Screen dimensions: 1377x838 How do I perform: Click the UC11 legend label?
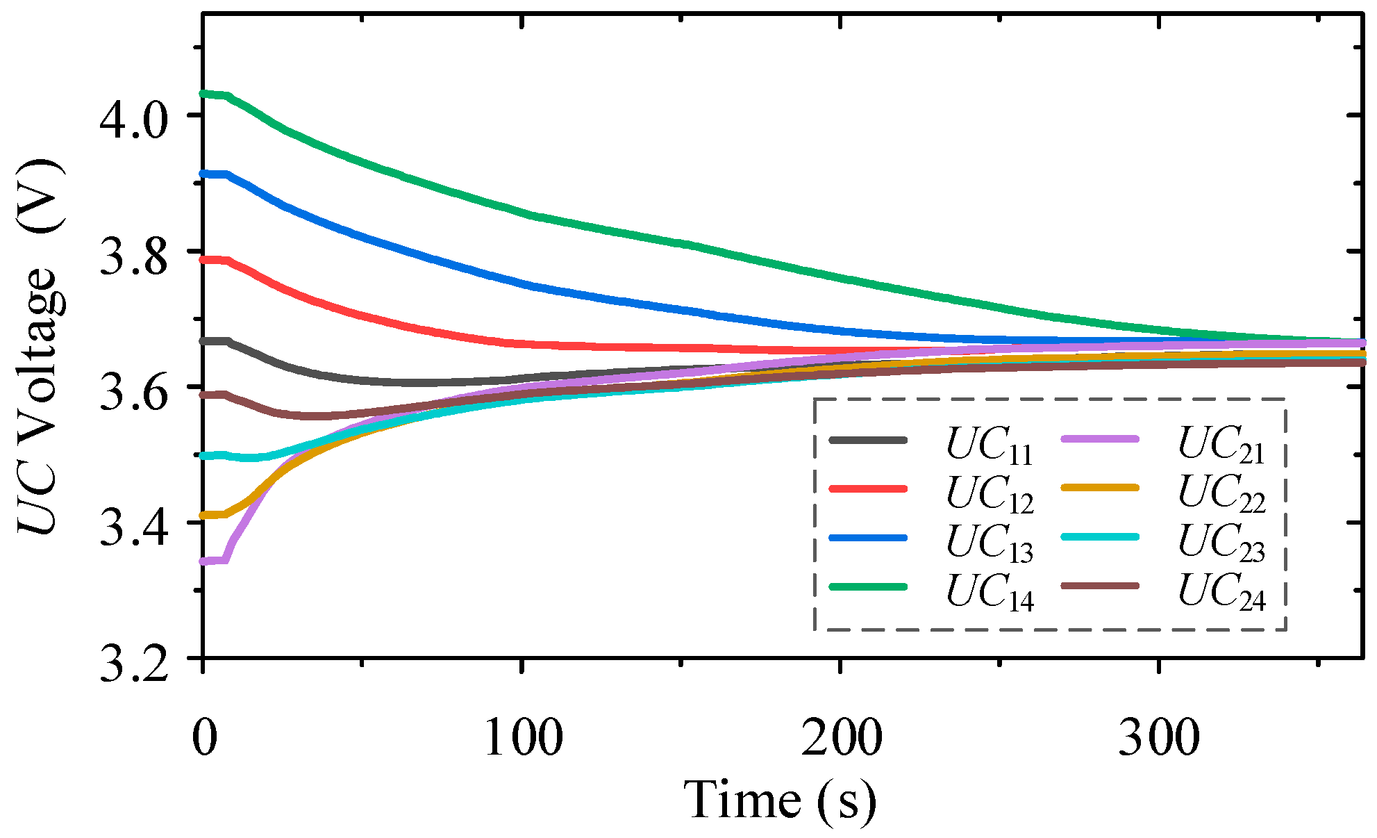(990, 445)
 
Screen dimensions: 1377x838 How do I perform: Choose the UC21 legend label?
(1221, 444)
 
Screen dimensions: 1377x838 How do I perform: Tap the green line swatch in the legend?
(868, 586)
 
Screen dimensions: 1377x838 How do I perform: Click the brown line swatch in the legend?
(1100, 586)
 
